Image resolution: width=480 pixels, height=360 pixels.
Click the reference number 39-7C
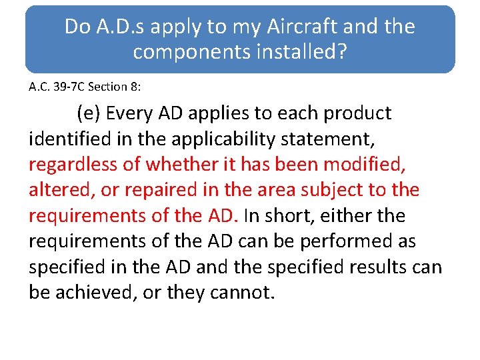pos(65,87)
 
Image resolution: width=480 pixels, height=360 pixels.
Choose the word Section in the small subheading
pos(103,87)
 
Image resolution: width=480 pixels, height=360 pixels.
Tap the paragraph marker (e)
pos(89,113)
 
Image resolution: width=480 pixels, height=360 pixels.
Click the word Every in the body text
pos(130,113)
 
